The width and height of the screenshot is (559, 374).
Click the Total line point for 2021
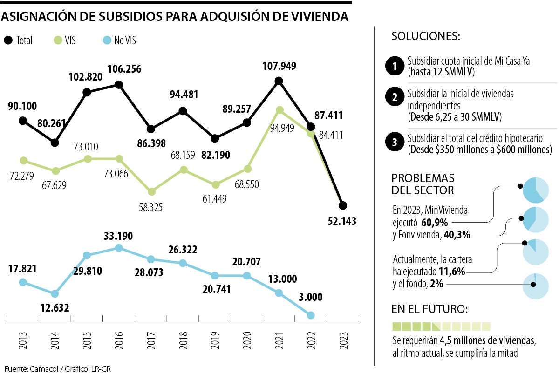click(x=279, y=81)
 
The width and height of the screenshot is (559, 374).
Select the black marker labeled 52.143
click(x=343, y=205)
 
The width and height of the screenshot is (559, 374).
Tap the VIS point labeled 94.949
click(x=279, y=110)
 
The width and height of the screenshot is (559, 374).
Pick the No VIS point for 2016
click(x=119, y=248)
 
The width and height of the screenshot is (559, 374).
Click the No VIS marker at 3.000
click(x=311, y=315)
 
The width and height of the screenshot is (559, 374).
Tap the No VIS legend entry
click(x=118, y=41)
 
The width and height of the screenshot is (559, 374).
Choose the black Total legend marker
click(x=8, y=41)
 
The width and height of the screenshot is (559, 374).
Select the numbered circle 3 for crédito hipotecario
click(x=394, y=143)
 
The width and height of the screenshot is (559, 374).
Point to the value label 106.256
click(x=124, y=69)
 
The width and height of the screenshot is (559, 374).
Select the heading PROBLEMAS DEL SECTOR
click(x=423, y=184)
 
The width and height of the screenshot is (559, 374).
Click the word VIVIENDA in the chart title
click(x=321, y=16)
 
